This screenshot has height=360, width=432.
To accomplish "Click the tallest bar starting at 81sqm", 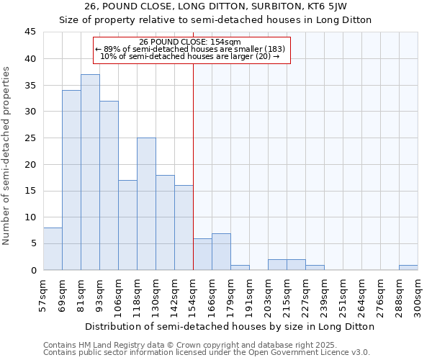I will coord(90,172).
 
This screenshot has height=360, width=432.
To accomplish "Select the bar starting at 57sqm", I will coord(53,248).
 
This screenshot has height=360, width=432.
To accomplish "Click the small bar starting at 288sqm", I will coord(408,267).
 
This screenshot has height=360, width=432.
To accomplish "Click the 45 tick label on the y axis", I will coord(30,32).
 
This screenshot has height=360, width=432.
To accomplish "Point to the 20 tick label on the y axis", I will coord(30,164).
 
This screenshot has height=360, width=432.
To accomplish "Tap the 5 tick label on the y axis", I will coord(33,243).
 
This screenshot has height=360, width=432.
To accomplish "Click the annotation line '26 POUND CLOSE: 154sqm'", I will coord(190,42).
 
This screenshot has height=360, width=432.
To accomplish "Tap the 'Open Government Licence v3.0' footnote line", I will coord(207,353).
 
